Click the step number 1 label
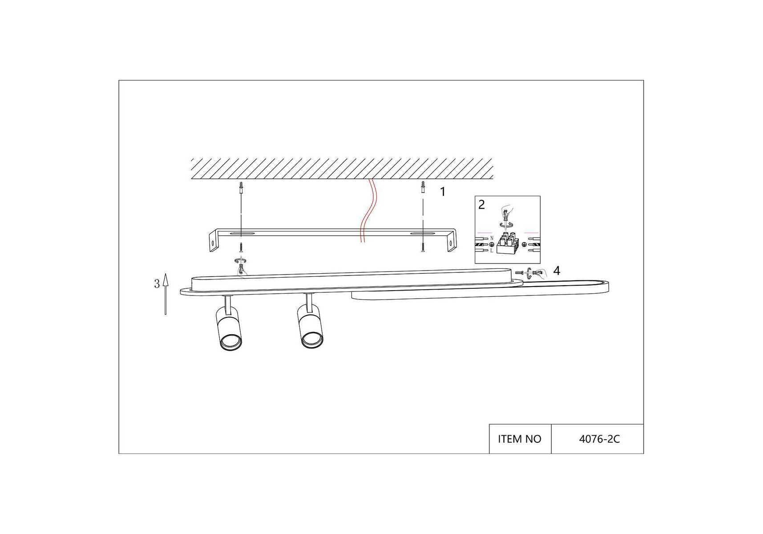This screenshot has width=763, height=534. (x=443, y=192)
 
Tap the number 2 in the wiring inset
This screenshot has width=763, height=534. (x=481, y=205)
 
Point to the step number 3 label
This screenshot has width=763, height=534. (x=157, y=284)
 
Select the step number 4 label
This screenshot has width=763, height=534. (x=557, y=271)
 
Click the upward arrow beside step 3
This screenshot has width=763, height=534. (x=166, y=294)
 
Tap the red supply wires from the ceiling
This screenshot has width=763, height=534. (x=367, y=210)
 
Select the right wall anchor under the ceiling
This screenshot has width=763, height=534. (x=423, y=187)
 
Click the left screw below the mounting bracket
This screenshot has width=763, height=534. (x=241, y=247)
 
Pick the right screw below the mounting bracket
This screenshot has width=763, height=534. (x=422, y=247)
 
